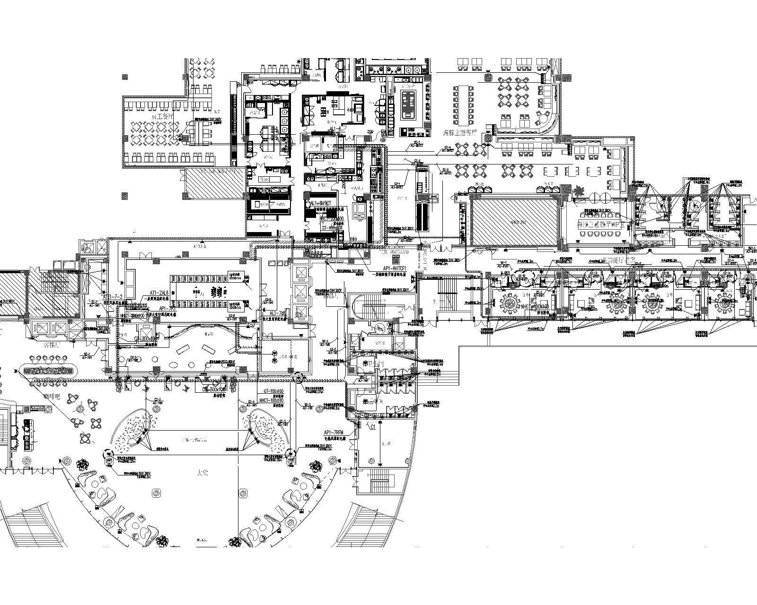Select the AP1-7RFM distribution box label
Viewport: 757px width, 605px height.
click(x=334, y=433)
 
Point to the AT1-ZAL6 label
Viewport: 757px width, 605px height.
click(x=159, y=293)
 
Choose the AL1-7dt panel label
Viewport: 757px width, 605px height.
click(x=277, y=313)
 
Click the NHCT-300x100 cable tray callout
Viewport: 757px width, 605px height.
click(x=132, y=315)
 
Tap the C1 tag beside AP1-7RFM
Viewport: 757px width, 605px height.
click(x=372, y=427)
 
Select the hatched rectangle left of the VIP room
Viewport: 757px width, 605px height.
click(x=516, y=221)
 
